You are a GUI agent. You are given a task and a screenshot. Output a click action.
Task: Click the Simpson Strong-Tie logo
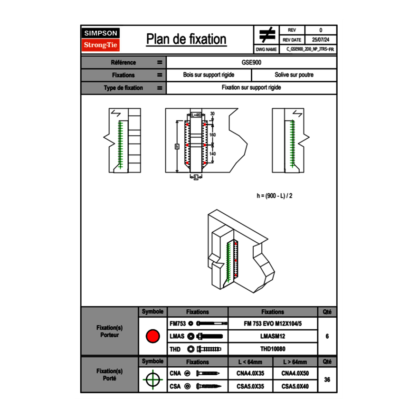click(101, 39)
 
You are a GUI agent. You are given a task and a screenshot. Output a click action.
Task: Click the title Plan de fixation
click(186, 39)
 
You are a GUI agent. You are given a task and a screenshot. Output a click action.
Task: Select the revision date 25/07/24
click(321, 40)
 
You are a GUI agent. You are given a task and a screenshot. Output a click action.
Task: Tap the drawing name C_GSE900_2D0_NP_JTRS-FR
click(311, 49)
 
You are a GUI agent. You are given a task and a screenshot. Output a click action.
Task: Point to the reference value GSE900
click(251, 62)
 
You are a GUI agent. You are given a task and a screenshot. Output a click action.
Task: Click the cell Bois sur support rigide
click(209, 75)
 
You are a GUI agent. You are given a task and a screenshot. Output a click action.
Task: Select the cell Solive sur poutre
click(294, 75)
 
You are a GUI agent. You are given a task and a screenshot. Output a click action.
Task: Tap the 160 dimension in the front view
click(213, 135)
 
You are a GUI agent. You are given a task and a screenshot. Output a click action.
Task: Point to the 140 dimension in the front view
click(213, 154)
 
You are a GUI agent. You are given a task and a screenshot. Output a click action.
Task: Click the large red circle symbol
click(152, 336)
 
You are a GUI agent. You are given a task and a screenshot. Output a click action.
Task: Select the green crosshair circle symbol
click(152, 380)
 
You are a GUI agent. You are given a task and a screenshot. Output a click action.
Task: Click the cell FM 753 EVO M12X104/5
click(273, 323)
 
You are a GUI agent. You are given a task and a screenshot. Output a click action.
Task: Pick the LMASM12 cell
click(273, 336)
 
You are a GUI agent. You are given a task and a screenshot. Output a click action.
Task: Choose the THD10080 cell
click(273, 349)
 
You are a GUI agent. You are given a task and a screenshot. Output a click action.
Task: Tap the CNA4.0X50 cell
click(295, 374)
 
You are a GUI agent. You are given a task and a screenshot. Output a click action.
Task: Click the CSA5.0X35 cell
click(250, 387)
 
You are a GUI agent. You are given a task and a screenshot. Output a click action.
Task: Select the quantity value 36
click(327, 380)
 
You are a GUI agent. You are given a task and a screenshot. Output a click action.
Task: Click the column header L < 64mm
click(250, 362)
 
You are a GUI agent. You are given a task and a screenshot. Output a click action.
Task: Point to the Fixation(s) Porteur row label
click(110, 331)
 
